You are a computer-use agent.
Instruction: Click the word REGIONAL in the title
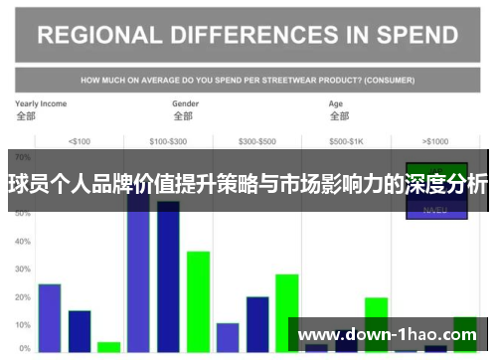[x=98, y=35]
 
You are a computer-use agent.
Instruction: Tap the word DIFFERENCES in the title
[x=258, y=35]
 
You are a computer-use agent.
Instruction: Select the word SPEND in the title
[x=415, y=35]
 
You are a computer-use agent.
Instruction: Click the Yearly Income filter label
[x=41, y=103]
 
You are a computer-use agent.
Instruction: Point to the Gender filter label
[x=186, y=103]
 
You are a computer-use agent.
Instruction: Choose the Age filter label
[x=337, y=103]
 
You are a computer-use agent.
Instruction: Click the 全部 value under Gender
[x=183, y=116]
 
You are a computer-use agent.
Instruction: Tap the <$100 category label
[x=79, y=140]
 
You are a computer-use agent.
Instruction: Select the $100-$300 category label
[x=168, y=140]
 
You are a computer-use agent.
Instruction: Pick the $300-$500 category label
[x=257, y=140]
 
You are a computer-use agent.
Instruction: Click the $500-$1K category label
[x=347, y=140]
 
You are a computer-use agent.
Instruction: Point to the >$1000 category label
[x=435, y=140]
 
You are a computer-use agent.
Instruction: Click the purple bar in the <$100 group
[x=50, y=317]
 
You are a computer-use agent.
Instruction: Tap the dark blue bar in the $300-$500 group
[x=257, y=323]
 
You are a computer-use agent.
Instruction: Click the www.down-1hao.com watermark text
[x=388, y=335]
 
